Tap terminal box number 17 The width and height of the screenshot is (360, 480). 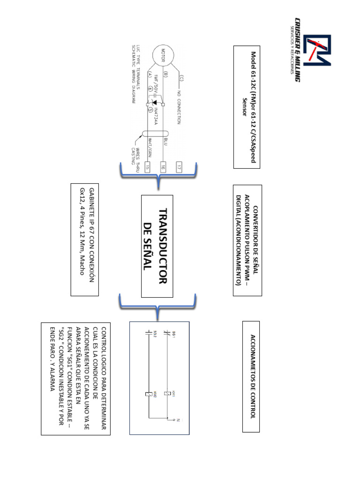179,166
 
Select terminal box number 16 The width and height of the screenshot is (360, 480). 163,166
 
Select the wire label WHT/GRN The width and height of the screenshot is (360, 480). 150,141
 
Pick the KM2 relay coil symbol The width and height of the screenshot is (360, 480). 149,393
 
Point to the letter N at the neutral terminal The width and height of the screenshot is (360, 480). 179,420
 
